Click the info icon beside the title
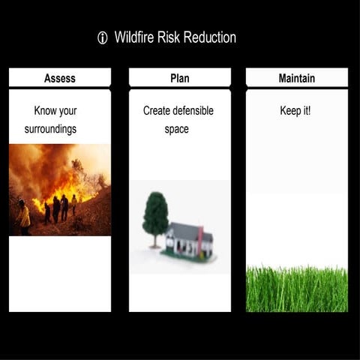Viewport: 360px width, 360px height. (x=103, y=38)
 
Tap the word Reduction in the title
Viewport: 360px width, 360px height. (x=208, y=37)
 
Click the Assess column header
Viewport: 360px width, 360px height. (x=60, y=78)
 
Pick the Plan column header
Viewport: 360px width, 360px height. (x=180, y=78)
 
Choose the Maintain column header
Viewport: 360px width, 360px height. (x=297, y=78)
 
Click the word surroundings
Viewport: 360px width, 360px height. (x=45, y=130)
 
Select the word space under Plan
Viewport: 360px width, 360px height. (x=176, y=130)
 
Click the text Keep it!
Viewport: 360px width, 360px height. (x=295, y=111)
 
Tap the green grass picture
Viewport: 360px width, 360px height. (x=297, y=289)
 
